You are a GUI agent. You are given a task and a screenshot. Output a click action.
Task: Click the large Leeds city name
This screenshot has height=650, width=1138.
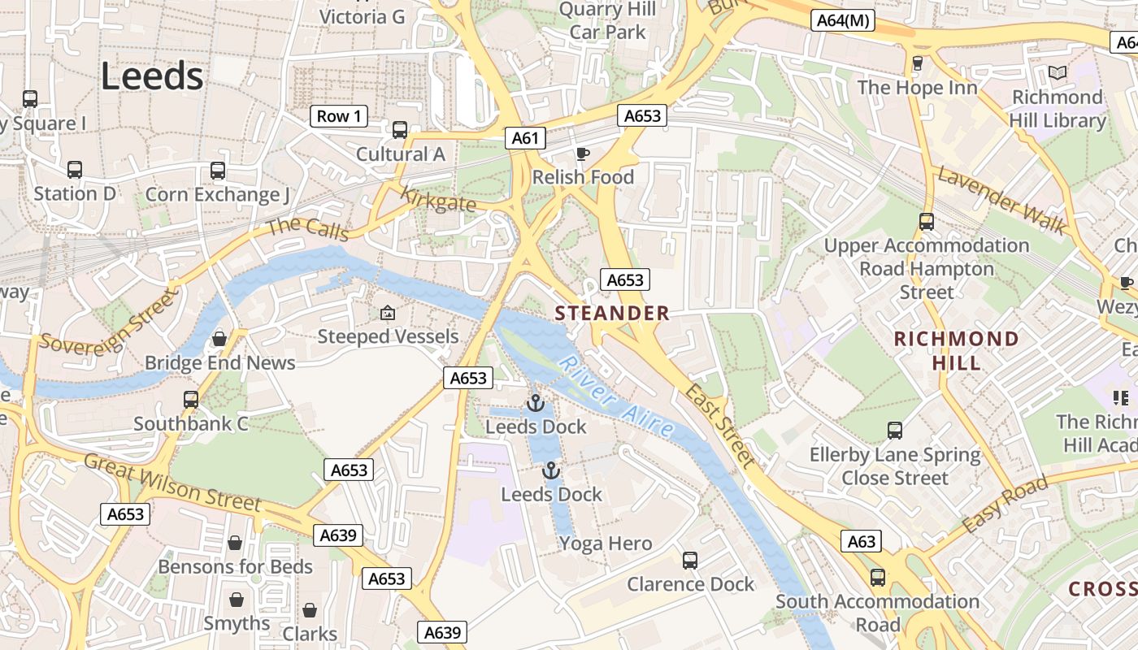[x=152, y=76]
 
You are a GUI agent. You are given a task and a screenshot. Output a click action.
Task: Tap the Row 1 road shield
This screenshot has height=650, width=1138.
[x=339, y=116]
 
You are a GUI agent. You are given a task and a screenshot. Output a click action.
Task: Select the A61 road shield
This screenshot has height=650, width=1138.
[x=525, y=138]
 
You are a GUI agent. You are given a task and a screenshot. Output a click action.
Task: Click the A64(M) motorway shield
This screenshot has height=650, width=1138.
[x=842, y=20]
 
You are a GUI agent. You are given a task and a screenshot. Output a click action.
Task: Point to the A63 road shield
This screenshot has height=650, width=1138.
[x=862, y=541]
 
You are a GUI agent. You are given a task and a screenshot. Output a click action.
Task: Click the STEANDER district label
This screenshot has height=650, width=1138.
[x=612, y=313]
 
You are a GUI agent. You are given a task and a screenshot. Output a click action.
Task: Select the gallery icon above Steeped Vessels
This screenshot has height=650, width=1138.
[x=388, y=313]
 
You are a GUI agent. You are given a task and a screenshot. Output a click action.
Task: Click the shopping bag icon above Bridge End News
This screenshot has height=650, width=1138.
[x=219, y=338]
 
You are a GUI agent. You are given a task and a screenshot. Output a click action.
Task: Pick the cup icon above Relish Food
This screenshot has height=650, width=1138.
[x=582, y=154]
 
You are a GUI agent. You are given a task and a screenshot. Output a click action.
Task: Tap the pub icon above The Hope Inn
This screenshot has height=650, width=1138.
[x=918, y=63]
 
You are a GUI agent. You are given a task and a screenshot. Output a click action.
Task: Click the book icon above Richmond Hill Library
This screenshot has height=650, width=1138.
[x=1057, y=73]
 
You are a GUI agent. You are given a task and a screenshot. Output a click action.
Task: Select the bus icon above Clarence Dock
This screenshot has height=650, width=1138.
[x=690, y=560]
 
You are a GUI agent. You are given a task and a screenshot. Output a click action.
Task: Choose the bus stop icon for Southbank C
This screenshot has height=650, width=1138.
[x=191, y=400]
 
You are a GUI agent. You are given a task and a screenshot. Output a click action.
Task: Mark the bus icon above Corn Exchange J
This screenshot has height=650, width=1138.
[x=217, y=171]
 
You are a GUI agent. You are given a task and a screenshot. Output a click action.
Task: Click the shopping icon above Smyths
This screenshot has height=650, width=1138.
[x=237, y=600]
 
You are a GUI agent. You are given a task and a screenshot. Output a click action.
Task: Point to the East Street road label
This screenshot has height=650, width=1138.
[x=720, y=426]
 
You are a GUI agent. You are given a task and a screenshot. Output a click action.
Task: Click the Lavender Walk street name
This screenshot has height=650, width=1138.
[x=1001, y=200]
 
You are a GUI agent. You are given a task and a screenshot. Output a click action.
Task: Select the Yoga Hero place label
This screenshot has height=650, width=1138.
[x=606, y=544]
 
